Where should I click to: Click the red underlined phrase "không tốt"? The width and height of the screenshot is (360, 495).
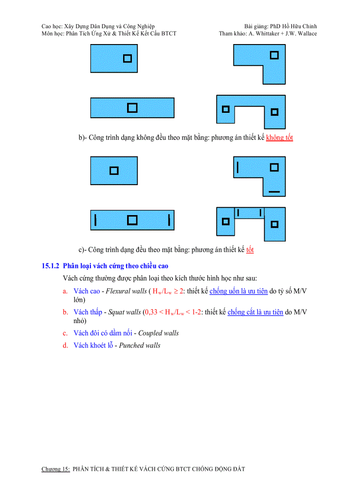[279, 138]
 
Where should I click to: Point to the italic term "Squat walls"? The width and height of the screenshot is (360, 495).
[124, 312]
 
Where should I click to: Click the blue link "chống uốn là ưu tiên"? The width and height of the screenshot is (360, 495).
[239, 291]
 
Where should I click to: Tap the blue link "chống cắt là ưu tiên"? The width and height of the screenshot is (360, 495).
[255, 312]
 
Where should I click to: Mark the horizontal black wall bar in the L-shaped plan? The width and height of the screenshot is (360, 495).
[274, 192]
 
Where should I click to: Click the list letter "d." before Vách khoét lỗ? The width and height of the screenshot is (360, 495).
[65, 346]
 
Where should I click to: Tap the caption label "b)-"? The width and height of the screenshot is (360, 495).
[82, 138]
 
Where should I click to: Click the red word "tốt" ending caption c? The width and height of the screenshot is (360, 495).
[250, 250]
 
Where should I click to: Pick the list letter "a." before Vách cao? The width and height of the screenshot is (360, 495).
[65, 291]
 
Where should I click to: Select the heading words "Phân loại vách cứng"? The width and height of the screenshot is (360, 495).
[92, 266]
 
